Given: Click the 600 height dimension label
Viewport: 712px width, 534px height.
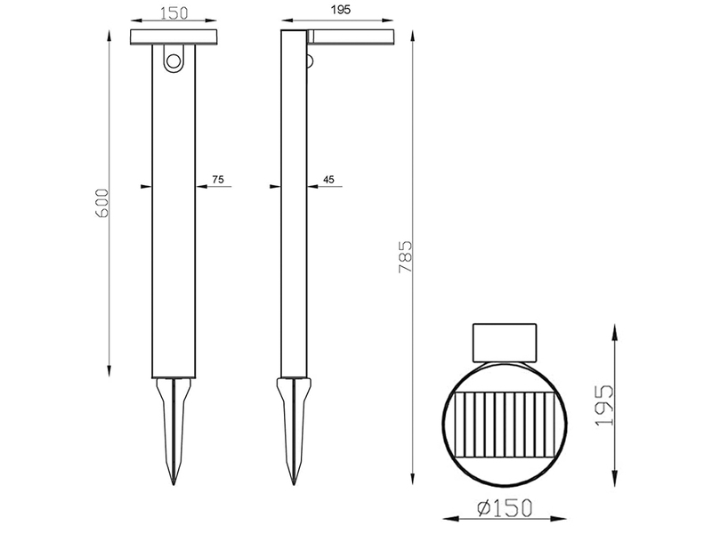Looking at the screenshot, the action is pos(102,203).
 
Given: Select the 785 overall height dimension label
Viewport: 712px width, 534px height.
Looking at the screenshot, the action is pos(405,256).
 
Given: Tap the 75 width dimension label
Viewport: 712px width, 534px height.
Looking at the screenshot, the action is pos(218,180).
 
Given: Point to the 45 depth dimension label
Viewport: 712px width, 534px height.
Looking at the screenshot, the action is pos(328,180).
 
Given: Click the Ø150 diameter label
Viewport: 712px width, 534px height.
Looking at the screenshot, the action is pos(504,507).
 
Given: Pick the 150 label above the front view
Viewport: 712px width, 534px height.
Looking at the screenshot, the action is pos(174,12).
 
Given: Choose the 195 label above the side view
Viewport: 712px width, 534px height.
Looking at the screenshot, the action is pos(341,10).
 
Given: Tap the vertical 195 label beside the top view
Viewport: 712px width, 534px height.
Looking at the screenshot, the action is pos(604,406).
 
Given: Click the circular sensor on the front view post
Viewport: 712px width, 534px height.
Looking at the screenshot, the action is pos(174,61).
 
